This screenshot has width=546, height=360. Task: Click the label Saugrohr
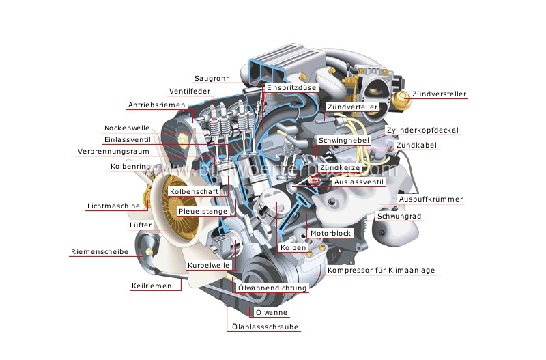[x=211, y=78]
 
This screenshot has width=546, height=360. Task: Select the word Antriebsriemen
[x=156, y=105]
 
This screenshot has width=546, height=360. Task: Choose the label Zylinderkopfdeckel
[x=422, y=130]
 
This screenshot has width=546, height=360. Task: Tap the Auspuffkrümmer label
[x=431, y=199]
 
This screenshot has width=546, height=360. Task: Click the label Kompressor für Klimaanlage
[x=381, y=271]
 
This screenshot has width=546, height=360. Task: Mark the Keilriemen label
[x=152, y=286]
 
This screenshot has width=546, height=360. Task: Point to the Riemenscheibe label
[x=100, y=252]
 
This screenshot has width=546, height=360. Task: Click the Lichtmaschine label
[x=113, y=206]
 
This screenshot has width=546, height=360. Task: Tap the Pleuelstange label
[x=203, y=212]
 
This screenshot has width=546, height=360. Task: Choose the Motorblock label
[x=330, y=234]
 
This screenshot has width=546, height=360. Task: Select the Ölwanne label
[x=271, y=313]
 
